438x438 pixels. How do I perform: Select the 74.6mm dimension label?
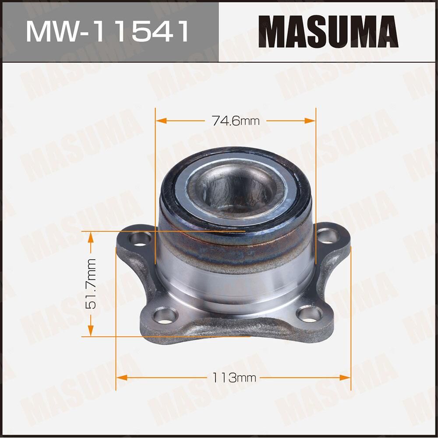236,121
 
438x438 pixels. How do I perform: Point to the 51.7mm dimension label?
91,284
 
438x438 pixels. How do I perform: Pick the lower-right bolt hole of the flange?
309,314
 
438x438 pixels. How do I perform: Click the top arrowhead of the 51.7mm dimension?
91,237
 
